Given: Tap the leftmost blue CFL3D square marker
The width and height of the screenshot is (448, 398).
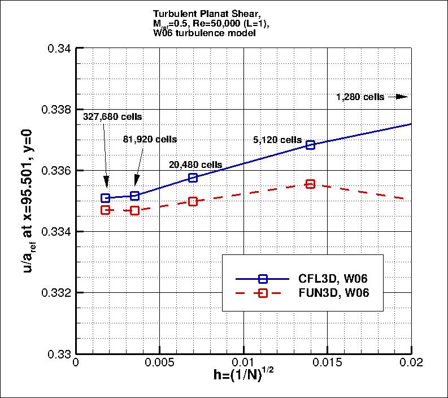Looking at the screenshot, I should point(105,198).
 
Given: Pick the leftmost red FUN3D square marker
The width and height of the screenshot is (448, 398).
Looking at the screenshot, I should point(105,210).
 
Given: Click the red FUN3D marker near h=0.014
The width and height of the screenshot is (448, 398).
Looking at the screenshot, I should point(310,184).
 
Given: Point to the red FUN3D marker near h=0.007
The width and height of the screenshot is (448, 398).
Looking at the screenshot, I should point(193,201).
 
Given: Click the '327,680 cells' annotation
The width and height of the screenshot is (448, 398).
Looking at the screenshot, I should point(112,117).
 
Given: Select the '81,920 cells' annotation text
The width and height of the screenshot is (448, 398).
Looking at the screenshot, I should point(150,139).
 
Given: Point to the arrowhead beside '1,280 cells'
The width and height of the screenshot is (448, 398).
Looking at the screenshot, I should point(402,97).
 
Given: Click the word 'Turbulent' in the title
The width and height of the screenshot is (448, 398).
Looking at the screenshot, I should point(172,14).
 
